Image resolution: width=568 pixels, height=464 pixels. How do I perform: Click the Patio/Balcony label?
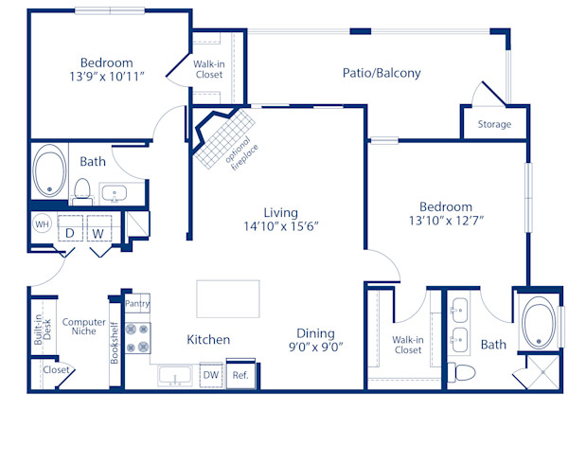point(382,73)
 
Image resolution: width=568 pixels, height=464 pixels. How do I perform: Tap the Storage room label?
point(493,124)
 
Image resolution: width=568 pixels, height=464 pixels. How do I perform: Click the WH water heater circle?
point(42,224)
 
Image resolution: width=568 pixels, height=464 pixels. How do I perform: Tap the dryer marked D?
point(70,231)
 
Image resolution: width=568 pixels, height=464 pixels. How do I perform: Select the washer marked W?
point(98,231)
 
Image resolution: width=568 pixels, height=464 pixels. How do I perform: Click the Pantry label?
point(137,304)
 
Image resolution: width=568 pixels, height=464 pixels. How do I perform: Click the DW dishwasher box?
point(211,375)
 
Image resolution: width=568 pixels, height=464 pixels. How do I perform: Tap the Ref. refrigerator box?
point(240,374)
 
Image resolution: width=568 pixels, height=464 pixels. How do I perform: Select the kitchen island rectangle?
point(228,298)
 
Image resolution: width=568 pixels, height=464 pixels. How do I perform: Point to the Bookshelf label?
point(114,342)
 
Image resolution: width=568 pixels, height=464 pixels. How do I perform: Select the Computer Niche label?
point(84,329)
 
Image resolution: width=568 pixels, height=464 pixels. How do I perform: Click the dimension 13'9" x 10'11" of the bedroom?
point(107,76)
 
